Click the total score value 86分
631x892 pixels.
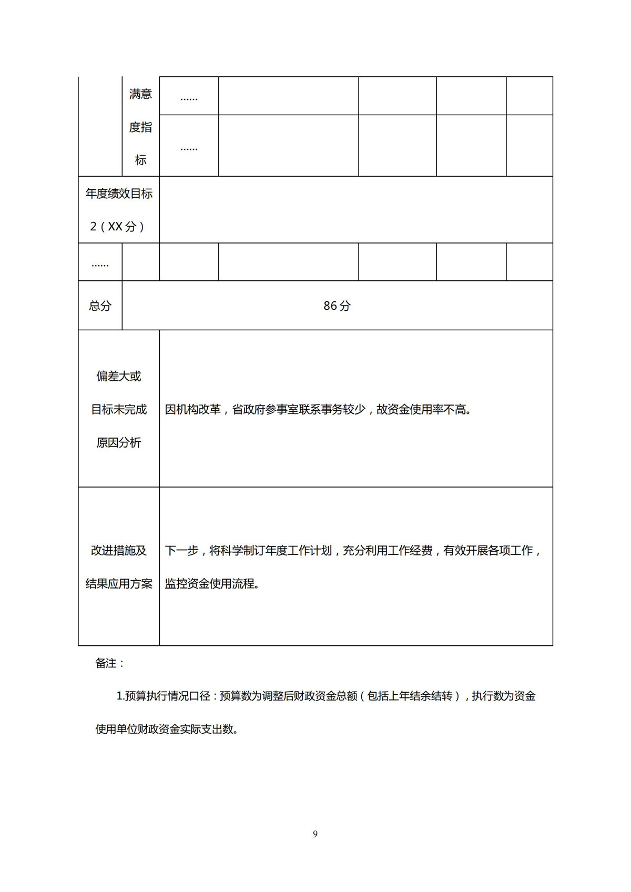(x=337, y=306)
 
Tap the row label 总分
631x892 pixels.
(x=100, y=306)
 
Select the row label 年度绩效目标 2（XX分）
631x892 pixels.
(x=119, y=210)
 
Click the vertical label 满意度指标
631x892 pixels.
(x=140, y=127)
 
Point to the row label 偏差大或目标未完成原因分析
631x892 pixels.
(x=119, y=409)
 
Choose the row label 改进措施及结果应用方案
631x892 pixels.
(x=119, y=567)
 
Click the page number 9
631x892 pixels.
(x=315, y=834)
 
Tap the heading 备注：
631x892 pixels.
(x=110, y=663)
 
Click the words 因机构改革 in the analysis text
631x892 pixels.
(x=193, y=409)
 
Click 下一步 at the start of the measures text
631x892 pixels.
(x=182, y=551)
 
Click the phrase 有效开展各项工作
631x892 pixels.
(x=488, y=551)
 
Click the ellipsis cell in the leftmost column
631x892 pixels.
(x=100, y=262)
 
